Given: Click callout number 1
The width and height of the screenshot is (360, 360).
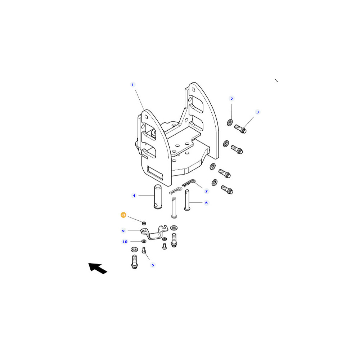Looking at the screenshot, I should point(132,85).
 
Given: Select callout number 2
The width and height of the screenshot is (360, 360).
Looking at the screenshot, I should point(231,99).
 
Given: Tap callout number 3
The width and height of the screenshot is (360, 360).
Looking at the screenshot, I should point(257,112).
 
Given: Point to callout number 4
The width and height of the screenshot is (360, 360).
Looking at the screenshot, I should point(134,195).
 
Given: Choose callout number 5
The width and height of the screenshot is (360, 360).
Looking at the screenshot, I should point(153,265).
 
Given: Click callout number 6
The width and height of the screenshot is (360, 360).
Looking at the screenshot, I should point(206,203).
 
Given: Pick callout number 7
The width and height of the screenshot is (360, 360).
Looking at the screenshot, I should point(206,191).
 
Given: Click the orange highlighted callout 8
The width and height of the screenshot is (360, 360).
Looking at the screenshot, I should point(123,215).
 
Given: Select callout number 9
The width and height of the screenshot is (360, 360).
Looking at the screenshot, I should point(123,231).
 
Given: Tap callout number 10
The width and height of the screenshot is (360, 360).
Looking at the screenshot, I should point(125,242).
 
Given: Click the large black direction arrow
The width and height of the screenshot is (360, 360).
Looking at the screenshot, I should point(98,269).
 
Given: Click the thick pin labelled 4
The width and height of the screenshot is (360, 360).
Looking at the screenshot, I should point(158,197).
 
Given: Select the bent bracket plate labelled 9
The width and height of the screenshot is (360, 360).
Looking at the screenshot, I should point(155,233).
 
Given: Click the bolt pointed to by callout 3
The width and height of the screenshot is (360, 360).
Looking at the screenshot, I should point(240,129).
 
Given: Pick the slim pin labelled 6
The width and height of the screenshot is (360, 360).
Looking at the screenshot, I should point(187,200).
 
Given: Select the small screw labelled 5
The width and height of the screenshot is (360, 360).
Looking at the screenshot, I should point(144,250).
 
